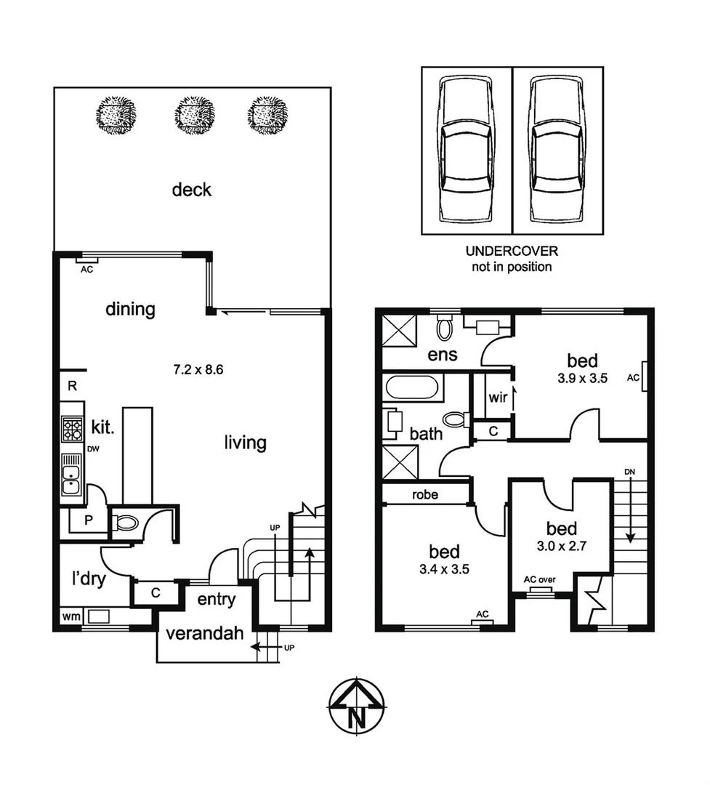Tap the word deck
coord(192,190)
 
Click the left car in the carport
coord(467,150)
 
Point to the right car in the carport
coord(557,150)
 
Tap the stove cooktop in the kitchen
coord(73,429)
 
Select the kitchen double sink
coord(72,475)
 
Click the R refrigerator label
coord(72,386)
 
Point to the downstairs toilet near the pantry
coord(129,522)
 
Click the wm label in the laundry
coord(70,617)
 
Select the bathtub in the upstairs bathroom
coord(412,387)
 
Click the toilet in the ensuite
coord(443,329)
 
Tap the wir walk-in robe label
coord(498,398)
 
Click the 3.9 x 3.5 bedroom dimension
coord(582,377)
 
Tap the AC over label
coord(540,579)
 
